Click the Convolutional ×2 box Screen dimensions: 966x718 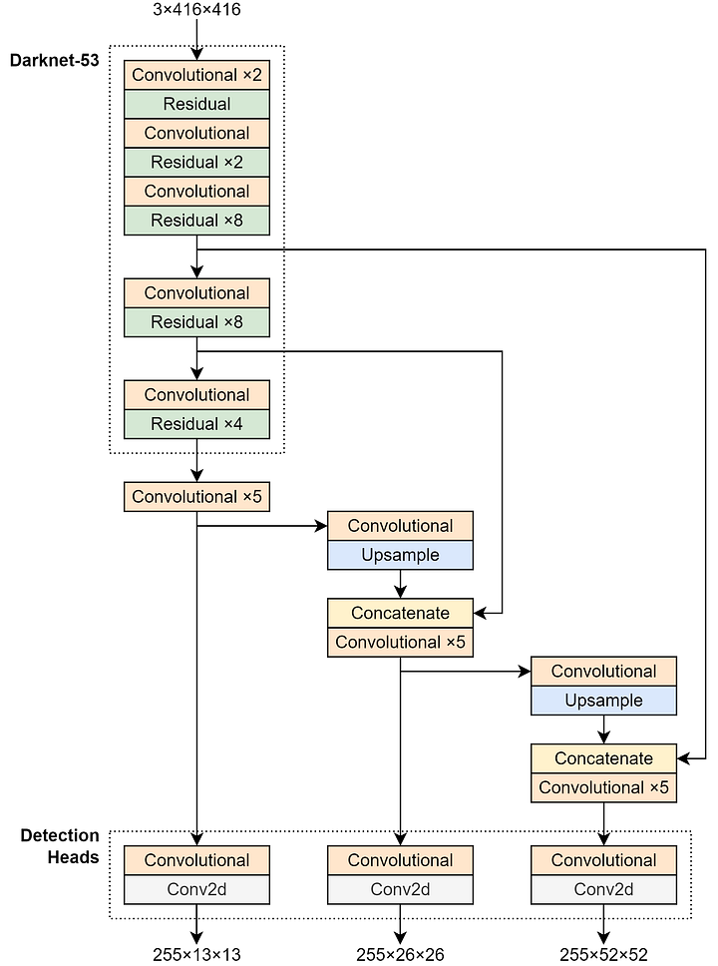pos(196,75)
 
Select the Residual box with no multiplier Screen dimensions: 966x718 pos(196,104)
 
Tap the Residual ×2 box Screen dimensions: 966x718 pos(196,162)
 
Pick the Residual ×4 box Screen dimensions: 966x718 pos(196,424)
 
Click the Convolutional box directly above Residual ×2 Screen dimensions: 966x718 pos(196,133)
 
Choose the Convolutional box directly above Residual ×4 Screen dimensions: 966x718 pos(196,395)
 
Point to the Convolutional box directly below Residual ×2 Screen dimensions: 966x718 pos(196,191)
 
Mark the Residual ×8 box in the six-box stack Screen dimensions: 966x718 pos(196,220)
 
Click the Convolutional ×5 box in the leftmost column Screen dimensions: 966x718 pos(196,496)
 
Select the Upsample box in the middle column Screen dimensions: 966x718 pos(400,555)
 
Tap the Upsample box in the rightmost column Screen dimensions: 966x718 pos(603,701)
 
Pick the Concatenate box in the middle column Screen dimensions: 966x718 pos(400,613)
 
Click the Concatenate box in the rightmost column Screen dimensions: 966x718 pos(603,758)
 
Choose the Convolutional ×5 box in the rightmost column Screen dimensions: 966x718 pos(603,787)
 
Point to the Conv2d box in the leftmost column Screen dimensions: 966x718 pos(196,889)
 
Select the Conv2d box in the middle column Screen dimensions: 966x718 pos(400,889)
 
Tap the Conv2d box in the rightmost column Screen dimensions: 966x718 pos(603,889)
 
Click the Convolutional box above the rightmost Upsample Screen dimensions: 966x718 pos(603,672)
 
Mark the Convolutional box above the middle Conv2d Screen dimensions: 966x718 pos(400,860)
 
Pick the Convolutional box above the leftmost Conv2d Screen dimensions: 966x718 pos(196,860)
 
